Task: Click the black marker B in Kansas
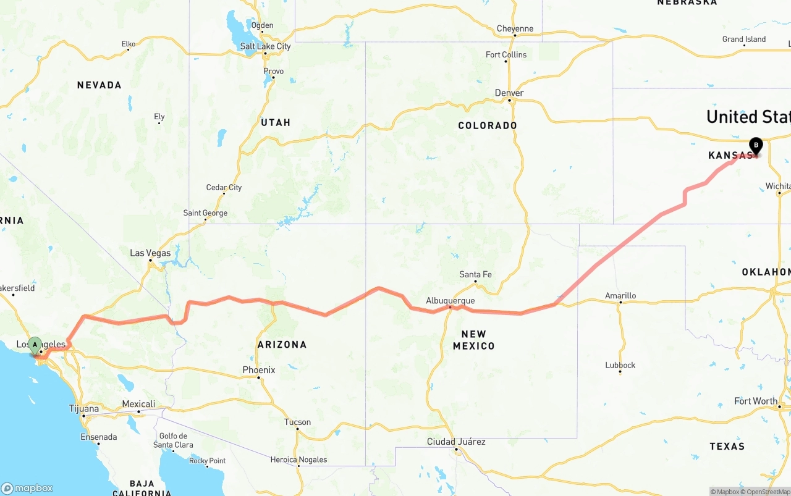755,146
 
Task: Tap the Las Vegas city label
150,253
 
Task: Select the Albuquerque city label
450,301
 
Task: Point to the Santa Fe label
476,274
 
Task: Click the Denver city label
509,93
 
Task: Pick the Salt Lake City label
265,46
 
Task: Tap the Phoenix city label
258,370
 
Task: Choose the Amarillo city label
620,296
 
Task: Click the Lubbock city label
620,365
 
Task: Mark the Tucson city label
297,422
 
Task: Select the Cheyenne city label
515,28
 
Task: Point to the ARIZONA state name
282,345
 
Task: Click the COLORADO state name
488,125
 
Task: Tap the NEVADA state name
99,85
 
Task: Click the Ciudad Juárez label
456,442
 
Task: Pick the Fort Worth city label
756,401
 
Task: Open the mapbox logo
27,488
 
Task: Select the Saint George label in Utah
205,213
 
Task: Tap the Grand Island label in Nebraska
744,40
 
